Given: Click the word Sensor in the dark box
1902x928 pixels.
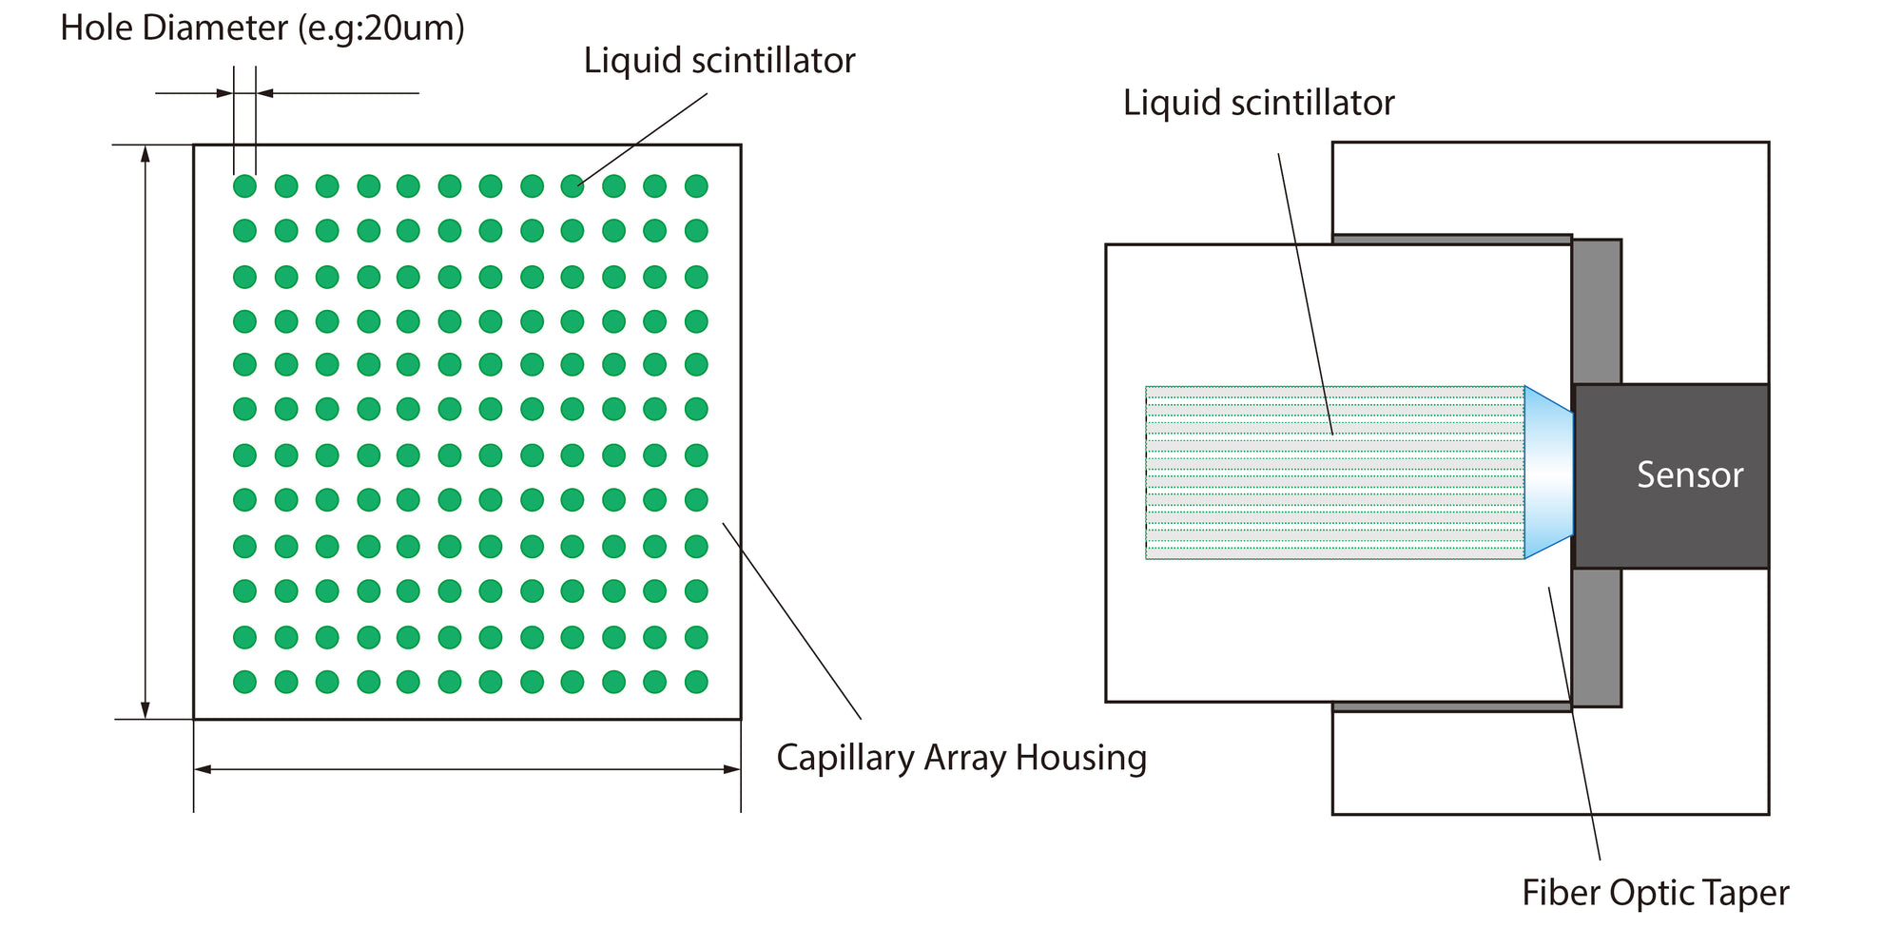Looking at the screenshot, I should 1689,474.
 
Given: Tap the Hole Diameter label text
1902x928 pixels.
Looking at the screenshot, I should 262,28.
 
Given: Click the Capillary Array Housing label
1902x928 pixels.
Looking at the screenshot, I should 961,758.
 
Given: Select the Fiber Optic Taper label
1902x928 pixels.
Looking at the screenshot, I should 1655,893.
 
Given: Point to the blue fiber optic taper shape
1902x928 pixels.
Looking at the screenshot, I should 1548,472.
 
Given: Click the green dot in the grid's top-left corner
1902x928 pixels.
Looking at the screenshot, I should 244,186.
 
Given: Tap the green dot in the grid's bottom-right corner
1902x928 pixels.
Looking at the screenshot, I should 696,682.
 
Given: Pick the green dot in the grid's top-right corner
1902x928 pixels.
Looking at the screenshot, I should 696,186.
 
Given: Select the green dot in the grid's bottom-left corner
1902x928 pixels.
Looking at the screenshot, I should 244,682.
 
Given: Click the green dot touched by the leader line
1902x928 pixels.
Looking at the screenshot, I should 573,186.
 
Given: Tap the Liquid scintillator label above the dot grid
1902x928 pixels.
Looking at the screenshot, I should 719,61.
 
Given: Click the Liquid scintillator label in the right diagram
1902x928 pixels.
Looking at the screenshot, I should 1258,103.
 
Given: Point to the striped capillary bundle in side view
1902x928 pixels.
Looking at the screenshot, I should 1331,473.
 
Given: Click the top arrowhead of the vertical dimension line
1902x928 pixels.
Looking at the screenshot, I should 146,153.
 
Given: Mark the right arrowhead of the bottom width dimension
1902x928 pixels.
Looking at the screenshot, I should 732,769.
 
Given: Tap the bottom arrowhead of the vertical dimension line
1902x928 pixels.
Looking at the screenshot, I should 146,710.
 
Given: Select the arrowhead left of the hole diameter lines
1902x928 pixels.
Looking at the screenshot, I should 224,93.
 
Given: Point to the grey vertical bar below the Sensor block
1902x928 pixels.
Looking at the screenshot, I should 1597,637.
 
